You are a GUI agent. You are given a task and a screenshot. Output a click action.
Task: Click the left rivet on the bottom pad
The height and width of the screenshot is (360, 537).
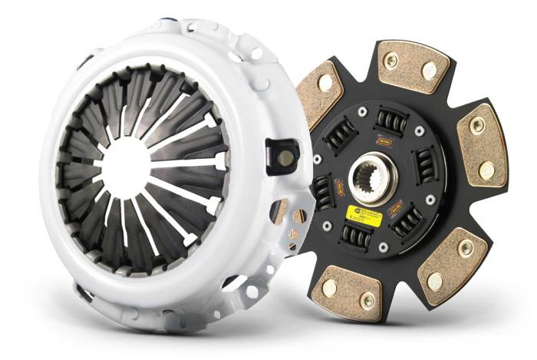[329, 288]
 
